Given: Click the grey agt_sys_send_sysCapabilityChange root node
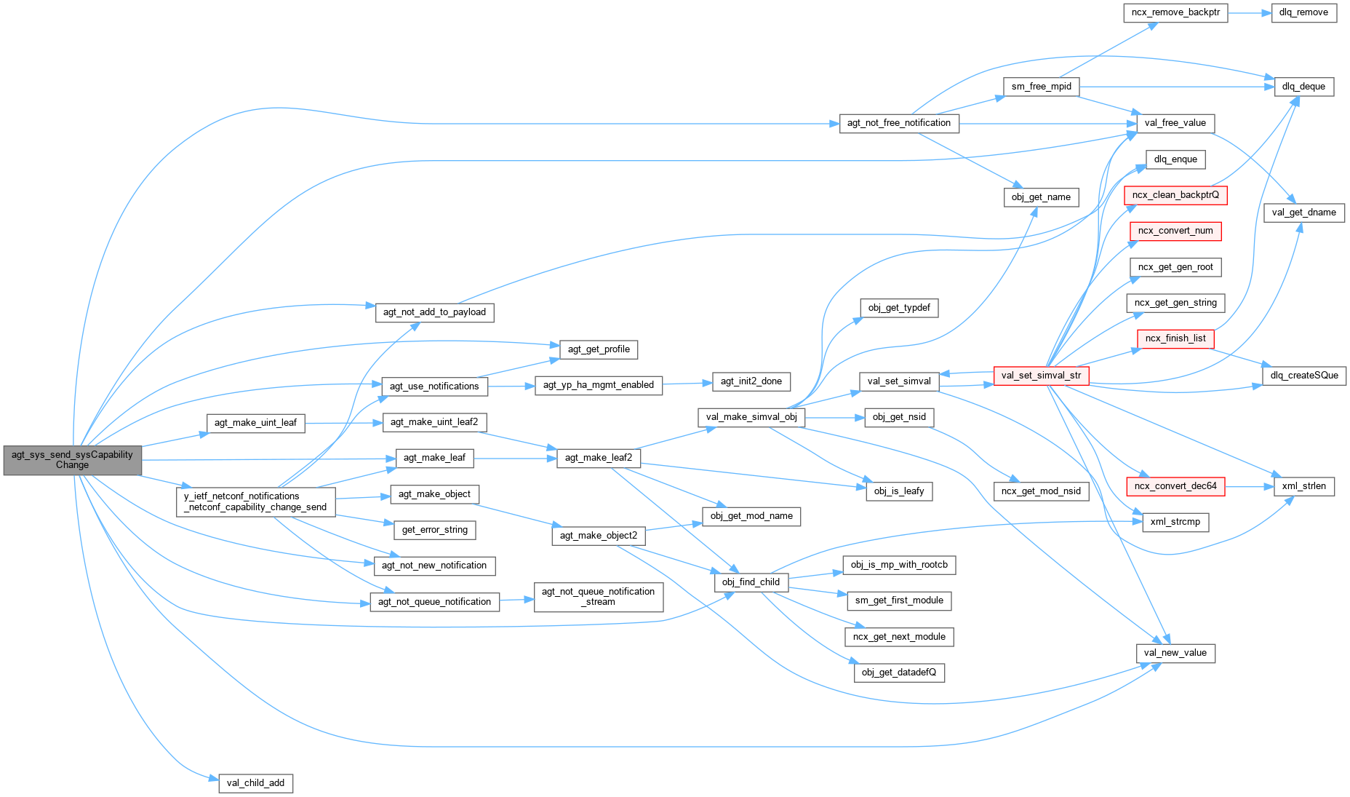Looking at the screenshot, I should point(72,460).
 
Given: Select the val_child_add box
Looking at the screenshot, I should point(255,783).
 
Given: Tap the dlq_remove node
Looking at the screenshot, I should point(1303,12).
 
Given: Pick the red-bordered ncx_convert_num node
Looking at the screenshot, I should point(1175,231).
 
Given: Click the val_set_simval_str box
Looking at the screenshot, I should point(1040,376).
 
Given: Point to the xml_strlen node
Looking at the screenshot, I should point(1303,486).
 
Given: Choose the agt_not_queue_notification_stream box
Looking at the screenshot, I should point(598,597).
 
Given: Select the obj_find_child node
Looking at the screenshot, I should point(751,582).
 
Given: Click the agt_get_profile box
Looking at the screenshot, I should point(599,349).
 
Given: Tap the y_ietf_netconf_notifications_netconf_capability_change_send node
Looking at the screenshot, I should point(255,501).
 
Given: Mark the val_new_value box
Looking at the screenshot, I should point(1175,653).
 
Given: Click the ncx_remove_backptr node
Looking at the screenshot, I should point(1175,12).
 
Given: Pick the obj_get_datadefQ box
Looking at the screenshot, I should point(898,673).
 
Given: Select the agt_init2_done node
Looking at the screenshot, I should point(751,381).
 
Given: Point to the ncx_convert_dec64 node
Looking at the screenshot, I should point(1175,486).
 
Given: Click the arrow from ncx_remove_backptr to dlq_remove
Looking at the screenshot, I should point(1250,12).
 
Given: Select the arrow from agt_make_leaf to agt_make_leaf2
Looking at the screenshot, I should point(515,458).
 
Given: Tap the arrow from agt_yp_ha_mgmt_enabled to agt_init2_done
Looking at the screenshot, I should point(687,383).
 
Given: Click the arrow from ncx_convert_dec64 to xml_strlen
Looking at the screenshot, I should point(1249,486).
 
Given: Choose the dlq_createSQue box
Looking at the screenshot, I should point(1303,376).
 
